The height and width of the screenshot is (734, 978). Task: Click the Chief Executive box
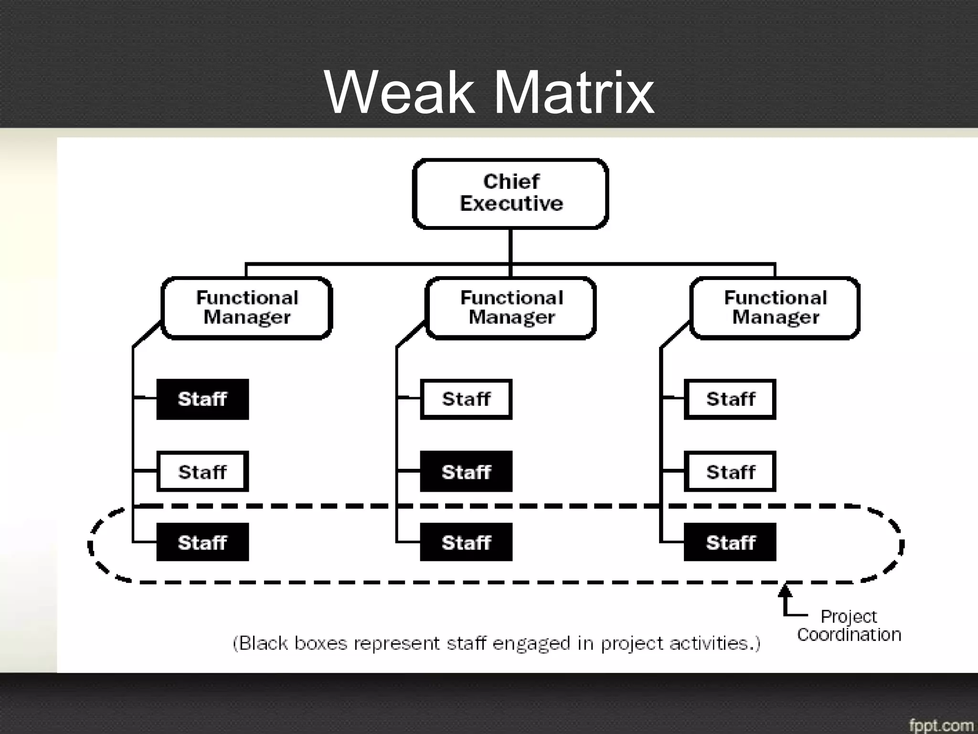pos(510,193)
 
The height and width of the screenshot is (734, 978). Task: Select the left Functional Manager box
pos(247,308)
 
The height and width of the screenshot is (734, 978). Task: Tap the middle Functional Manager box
pos(511,308)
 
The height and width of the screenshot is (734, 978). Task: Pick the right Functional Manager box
pos(775,308)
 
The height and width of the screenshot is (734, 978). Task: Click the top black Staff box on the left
pos(202,399)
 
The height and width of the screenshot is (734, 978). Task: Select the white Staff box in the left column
pos(202,472)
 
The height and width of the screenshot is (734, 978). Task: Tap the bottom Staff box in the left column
pos(202,542)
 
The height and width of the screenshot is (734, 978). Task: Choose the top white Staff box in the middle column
pos(466,399)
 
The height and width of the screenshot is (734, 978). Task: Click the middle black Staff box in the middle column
pos(466,472)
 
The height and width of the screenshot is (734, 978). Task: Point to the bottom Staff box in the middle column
pos(466,542)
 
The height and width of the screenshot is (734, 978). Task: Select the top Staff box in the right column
pos(730,399)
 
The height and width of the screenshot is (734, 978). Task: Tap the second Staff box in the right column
pos(730,472)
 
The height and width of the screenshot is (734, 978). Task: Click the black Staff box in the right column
pos(730,542)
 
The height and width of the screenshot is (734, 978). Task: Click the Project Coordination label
pos(849,626)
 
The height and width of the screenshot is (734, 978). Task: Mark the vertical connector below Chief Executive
pos(510,246)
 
